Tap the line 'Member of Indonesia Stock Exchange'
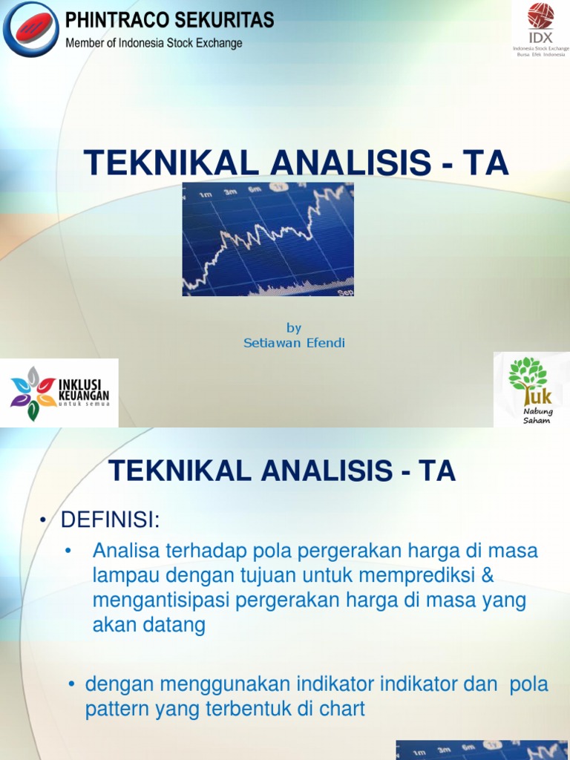click(154, 43)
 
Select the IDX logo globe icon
click(540, 16)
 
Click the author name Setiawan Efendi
click(294, 343)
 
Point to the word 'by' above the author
click(294, 328)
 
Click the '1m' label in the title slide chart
click(205, 194)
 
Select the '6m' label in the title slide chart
click(255, 190)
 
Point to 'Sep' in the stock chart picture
click(345, 292)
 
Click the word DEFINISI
click(110, 520)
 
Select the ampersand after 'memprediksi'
click(486, 576)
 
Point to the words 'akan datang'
click(148, 625)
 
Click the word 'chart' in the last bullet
click(342, 709)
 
